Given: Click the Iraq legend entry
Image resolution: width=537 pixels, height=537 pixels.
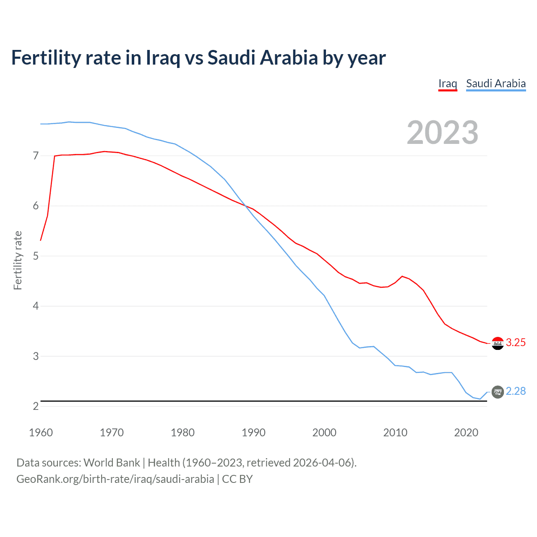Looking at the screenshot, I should [448, 83].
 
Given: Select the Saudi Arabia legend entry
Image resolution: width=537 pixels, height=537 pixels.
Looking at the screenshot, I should [496, 83].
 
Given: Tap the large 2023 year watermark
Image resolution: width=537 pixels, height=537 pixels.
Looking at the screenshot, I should [442, 133].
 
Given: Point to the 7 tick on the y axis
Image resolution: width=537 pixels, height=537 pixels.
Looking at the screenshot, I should [36, 156].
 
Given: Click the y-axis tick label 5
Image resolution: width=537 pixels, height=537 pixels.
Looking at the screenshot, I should [36, 256].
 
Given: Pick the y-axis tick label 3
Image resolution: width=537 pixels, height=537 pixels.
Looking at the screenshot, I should [36, 356].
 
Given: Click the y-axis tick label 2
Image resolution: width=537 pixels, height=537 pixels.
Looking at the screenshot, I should [36, 406].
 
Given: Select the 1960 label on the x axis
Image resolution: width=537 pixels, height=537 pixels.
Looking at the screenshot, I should [41, 433].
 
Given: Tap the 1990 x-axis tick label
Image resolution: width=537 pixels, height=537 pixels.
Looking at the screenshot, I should [253, 433].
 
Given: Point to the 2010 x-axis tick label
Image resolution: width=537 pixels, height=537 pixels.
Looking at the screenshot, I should [395, 433].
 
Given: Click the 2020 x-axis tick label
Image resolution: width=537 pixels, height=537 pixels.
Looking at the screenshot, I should [466, 433].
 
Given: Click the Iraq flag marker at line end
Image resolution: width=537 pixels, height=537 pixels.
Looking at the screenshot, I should [498, 343].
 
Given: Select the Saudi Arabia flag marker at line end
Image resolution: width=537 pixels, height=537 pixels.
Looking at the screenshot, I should [498, 392].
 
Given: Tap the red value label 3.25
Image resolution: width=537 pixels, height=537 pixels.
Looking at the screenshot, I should [516, 343].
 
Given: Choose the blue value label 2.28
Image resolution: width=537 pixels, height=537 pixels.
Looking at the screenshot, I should [516, 391].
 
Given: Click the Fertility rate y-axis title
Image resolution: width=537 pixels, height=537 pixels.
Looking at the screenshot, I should [18, 260].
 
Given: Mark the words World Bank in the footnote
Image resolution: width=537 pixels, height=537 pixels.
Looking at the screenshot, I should [112, 463].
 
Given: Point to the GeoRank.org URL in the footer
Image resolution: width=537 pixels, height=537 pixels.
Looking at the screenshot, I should [115, 479].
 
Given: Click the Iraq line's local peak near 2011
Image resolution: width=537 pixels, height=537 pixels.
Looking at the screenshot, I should [402, 276].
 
